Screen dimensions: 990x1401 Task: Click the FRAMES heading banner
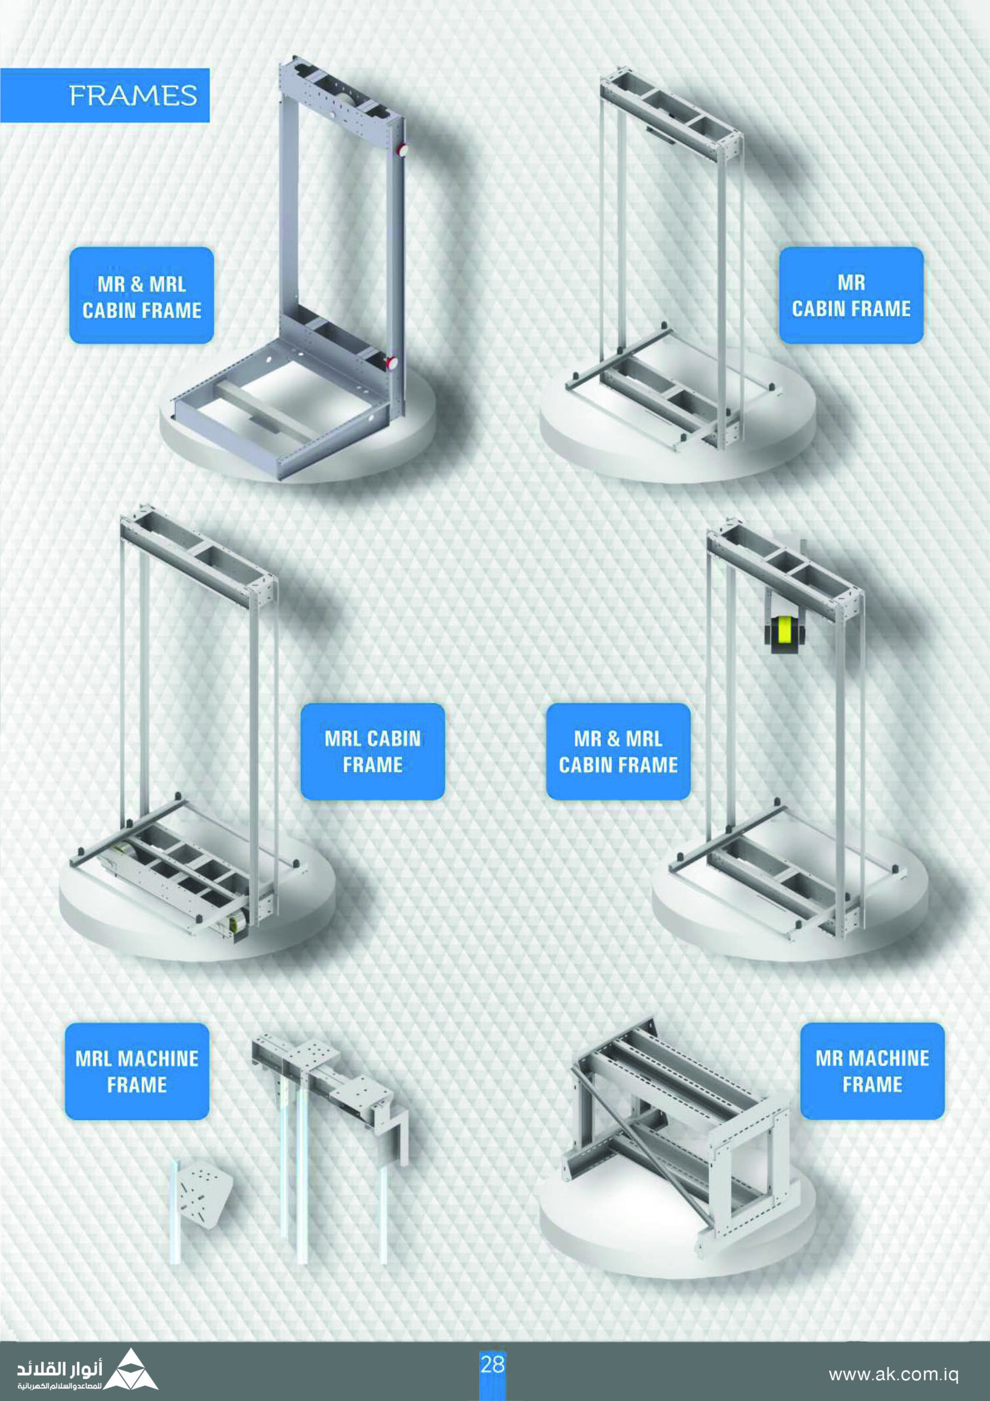(104, 95)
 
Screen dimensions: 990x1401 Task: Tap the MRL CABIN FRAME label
(372, 752)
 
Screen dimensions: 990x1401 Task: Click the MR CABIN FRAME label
(852, 296)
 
